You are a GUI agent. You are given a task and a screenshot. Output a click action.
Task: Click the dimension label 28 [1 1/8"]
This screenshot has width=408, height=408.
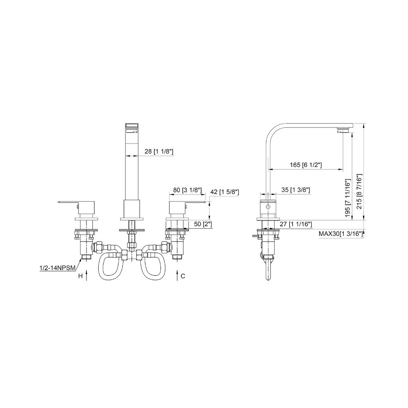(x=159, y=151)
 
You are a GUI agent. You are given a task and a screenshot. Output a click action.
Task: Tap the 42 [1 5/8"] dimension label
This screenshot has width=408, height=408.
(x=225, y=192)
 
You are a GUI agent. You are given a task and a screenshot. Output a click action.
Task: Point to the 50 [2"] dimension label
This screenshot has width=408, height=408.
(x=203, y=224)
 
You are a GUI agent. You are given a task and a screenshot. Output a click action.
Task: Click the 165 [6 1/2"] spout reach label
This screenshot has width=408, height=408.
(x=306, y=165)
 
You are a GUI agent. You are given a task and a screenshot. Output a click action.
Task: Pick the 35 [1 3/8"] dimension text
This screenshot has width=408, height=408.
(x=296, y=190)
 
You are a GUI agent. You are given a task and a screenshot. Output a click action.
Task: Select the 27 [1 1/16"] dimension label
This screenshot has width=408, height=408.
(x=296, y=224)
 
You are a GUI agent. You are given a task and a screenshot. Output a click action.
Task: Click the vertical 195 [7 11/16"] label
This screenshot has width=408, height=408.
(x=348, y=198)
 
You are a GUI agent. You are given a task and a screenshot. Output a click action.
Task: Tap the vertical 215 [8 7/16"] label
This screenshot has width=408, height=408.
(x=359, y=191)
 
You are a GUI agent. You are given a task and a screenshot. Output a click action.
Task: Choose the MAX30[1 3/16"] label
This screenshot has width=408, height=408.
(x=341, y=234)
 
